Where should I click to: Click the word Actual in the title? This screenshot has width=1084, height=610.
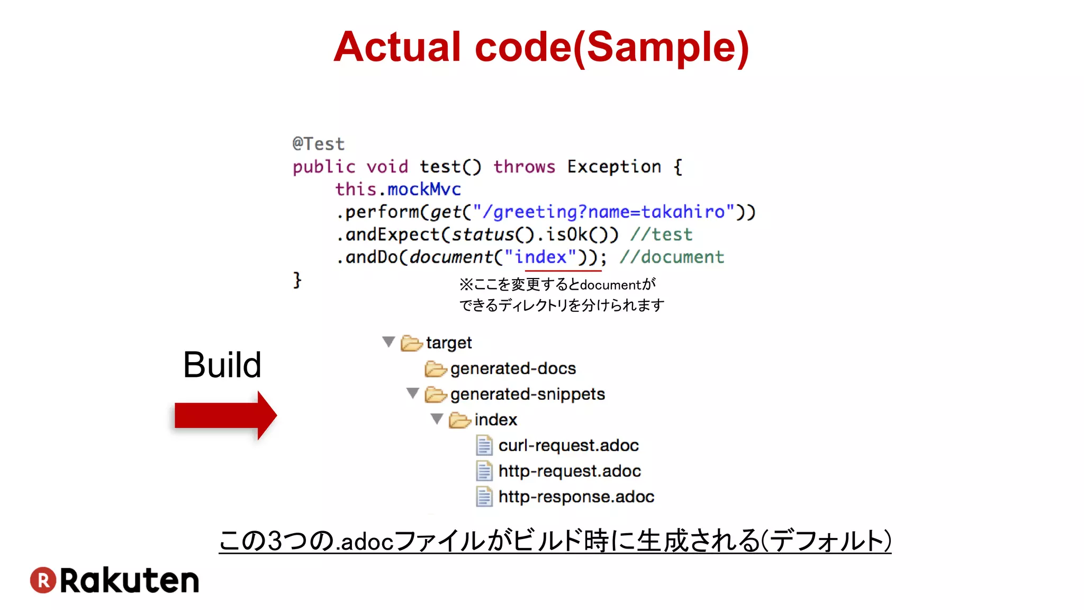point(398,48)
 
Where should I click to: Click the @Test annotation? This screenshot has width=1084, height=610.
point(319,143)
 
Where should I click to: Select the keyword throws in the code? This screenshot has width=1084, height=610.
point(524,167)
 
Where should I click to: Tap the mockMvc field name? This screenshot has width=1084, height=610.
point(424,190)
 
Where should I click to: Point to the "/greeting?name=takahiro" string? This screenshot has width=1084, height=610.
point(604,212)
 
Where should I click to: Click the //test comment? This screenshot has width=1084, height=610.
point(661,235)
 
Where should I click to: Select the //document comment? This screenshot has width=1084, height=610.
point(672,257)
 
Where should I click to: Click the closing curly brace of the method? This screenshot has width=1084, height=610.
point(297,280)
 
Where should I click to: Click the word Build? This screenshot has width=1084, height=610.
point(222,365)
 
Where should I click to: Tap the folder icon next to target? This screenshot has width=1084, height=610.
point(411,343)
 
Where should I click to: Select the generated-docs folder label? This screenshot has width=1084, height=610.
point(513,369)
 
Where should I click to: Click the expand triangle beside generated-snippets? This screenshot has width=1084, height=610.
point(413,393)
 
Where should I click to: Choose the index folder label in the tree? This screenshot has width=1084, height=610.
point(495,420)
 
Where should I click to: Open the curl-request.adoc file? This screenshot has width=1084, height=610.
point(568,445)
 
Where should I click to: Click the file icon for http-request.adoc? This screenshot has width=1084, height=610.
point(484,471)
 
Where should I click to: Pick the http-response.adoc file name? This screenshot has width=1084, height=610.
point(576,497)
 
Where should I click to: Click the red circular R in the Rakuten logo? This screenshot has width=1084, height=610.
point(43,580)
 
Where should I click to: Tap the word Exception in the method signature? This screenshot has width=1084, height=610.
point(614,167)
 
